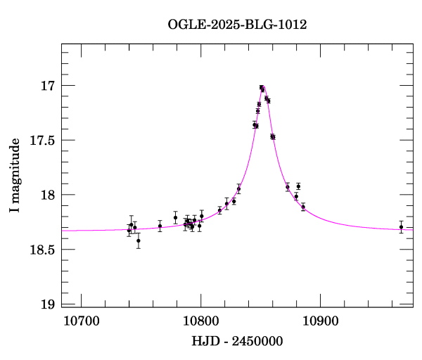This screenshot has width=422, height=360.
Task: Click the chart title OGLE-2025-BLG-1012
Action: [237, 24]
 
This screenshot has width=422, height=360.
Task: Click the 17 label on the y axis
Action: [47, 86]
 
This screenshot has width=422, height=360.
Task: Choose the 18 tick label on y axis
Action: [47, 195]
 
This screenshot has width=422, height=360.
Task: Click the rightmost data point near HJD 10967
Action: [401, 226]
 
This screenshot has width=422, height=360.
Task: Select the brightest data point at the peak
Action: [261, 87]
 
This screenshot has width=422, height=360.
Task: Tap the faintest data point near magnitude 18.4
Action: [139, 240]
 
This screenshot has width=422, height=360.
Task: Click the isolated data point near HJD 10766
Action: [160, 226]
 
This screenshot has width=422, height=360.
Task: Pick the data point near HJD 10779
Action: [175, 217]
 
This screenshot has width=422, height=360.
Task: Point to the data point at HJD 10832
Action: [238, 188]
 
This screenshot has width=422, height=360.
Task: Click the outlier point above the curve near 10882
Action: [298, 186]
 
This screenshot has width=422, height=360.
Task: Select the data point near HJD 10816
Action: [219, 210]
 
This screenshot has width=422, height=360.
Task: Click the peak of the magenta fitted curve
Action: [262, 86]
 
